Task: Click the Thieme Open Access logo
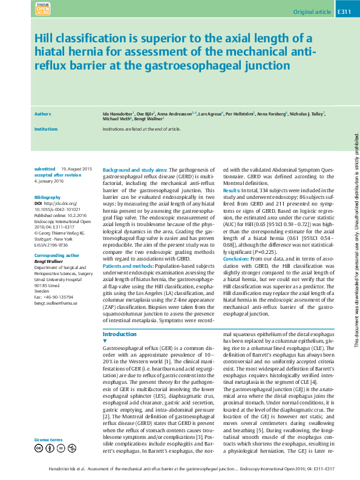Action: (x=43, y=8)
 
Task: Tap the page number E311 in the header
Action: (x=343, y=11)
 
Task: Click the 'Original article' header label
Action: (x=312, y=12)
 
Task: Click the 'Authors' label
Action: (x=42, y=114)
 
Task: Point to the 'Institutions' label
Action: (x=46, y=129)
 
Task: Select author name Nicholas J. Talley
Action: (x=306, y=114)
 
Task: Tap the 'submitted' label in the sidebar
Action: (x=45, y=169)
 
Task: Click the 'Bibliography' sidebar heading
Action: (x=48, y=198)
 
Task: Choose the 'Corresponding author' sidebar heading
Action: (x=53, y=256)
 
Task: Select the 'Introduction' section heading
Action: (x=120, y=334)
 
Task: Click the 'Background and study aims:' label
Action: (x=134, y=170)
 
